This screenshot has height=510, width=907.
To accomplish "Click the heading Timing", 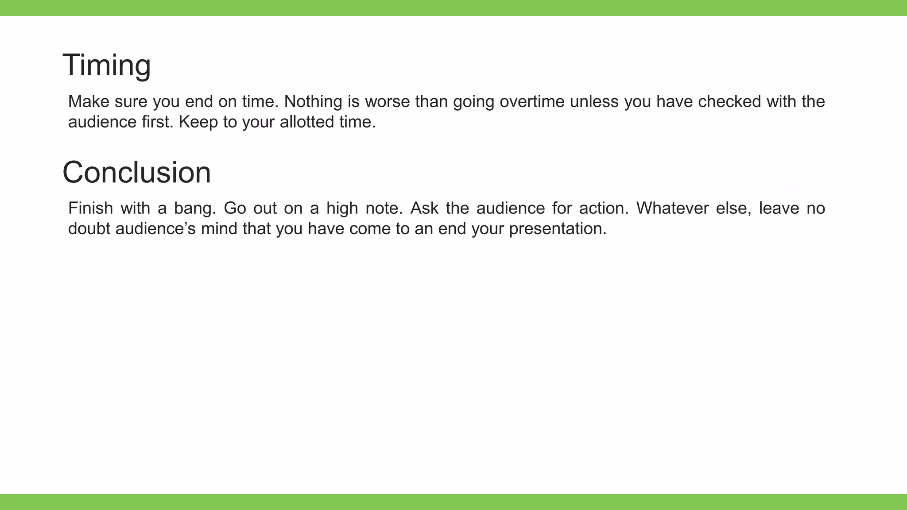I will tap(106, 65).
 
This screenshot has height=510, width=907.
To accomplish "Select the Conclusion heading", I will tap(136, 172).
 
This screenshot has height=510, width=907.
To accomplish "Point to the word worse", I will tap(388, 102).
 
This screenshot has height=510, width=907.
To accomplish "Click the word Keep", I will tap(198, 122).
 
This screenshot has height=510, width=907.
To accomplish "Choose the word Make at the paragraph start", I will tap(89, 102).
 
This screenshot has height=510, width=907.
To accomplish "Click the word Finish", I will tap(90, 209).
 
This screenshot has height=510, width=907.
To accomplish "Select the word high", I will tap(342, 209).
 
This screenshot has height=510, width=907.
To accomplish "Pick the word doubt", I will tap(89, 229).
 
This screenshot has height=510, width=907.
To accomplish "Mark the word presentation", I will tap(558, 229).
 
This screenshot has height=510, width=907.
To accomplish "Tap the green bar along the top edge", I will tap(453, 8).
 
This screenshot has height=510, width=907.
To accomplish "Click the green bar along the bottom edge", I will tap(453, 502).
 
